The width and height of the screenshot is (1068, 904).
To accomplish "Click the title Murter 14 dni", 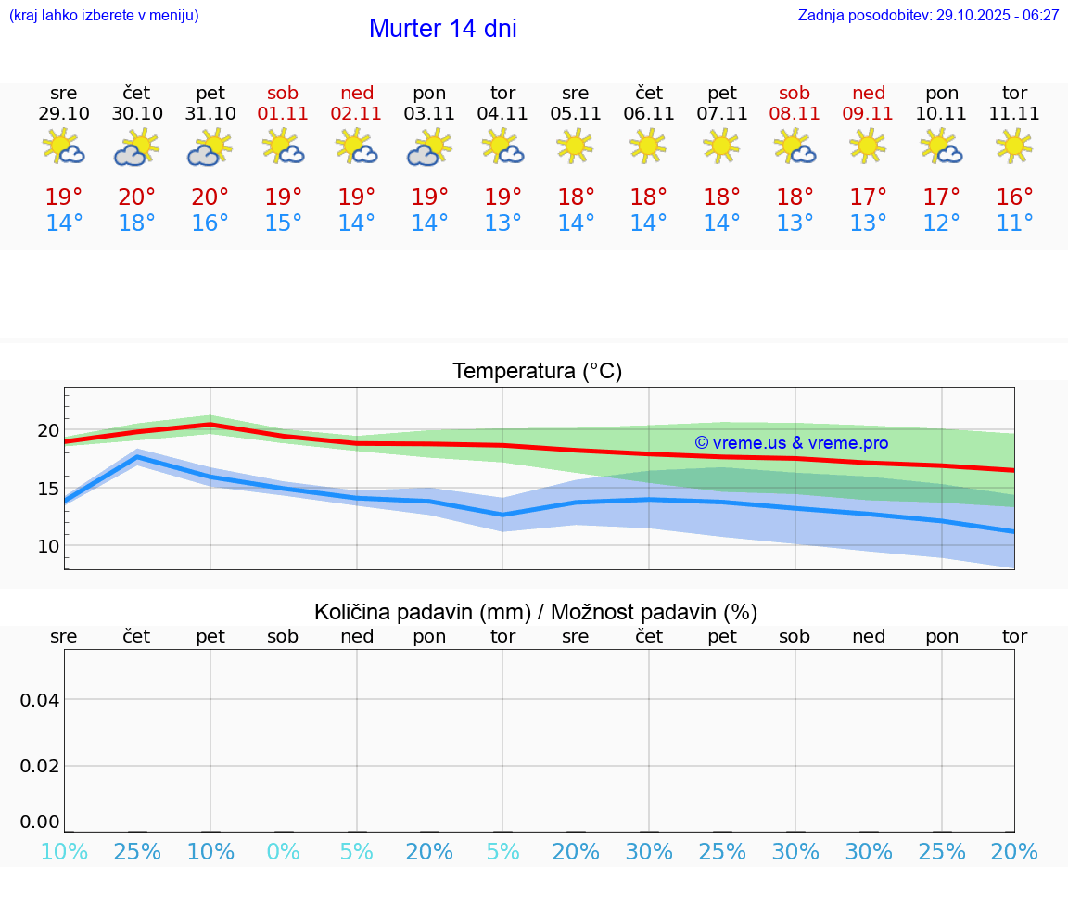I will [442, 29].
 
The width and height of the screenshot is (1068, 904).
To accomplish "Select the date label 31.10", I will [210, 114].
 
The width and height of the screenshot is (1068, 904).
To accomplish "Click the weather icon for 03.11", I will [429, 147].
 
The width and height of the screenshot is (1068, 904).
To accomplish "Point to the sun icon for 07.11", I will [722, 146].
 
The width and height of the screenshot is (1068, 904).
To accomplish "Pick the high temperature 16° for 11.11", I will [1014, 197].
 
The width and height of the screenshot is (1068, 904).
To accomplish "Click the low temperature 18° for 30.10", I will [137, 223].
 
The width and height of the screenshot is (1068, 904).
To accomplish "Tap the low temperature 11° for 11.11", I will [1014, 223].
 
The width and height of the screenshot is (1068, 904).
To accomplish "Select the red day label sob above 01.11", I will [284, 94].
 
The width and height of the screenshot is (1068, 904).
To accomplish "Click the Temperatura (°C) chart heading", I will [537, 372].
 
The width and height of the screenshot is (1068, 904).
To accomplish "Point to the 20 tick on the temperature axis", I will [48, 431].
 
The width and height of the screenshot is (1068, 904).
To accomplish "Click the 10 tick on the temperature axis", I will [48, 546].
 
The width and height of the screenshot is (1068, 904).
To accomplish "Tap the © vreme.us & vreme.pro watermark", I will [791, 443].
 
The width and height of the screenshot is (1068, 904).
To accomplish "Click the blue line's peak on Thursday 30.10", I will [137, 457].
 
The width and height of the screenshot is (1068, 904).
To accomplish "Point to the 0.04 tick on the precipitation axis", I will [41, 700].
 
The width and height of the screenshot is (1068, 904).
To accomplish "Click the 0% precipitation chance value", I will [284, 852].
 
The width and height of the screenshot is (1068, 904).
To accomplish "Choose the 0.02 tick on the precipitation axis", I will [41, 766].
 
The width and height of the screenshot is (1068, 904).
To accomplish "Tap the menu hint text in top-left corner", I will [104, 16].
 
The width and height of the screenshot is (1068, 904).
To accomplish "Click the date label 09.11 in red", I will [868, 114].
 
